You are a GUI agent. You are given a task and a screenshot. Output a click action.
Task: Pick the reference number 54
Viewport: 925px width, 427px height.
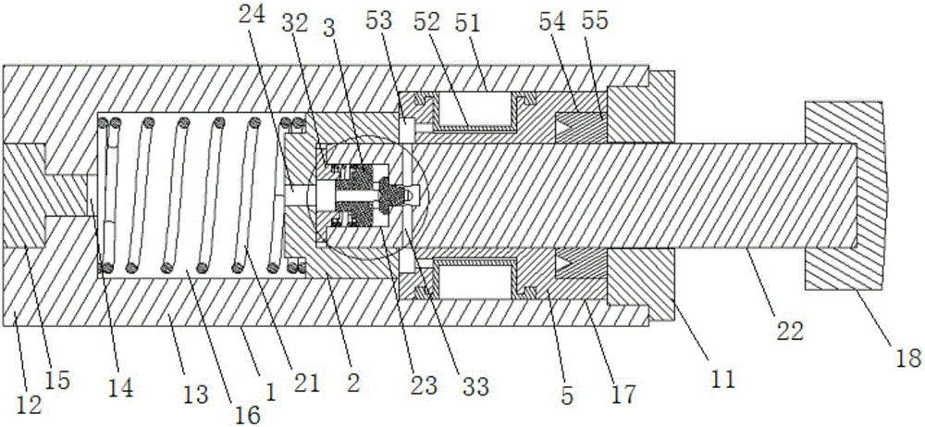(554, 24)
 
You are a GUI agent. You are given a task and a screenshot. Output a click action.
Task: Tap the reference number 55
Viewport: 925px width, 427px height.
(595, 24)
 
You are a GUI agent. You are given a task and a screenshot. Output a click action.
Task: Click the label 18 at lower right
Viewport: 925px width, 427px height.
(906, 358)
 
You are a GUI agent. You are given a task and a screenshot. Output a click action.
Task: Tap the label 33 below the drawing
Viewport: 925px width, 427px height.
(475, 387)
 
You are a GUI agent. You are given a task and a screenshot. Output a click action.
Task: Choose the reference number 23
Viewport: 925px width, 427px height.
(425, 387)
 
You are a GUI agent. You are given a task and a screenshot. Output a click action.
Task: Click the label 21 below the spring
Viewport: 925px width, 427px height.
(307, 384)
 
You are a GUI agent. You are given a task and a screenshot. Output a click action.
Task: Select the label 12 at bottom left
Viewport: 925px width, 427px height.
(30, 406)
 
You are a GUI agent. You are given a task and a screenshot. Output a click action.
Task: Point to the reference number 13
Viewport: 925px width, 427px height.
(197, 396)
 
